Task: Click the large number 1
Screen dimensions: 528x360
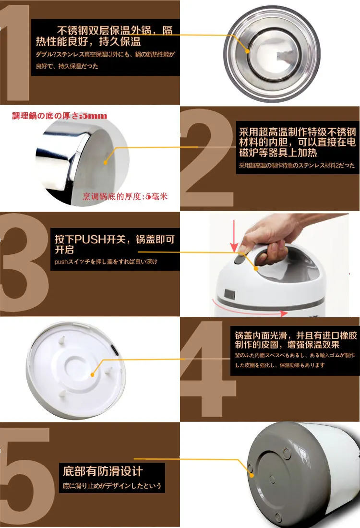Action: pos(16,53)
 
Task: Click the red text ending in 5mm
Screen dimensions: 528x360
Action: pos(60,116)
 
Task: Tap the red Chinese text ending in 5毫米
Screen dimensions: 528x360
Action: pos(125,196)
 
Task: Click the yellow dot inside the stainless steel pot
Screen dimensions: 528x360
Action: pos(248,50)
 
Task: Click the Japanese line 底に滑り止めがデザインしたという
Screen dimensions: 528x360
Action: pos(112,486)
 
